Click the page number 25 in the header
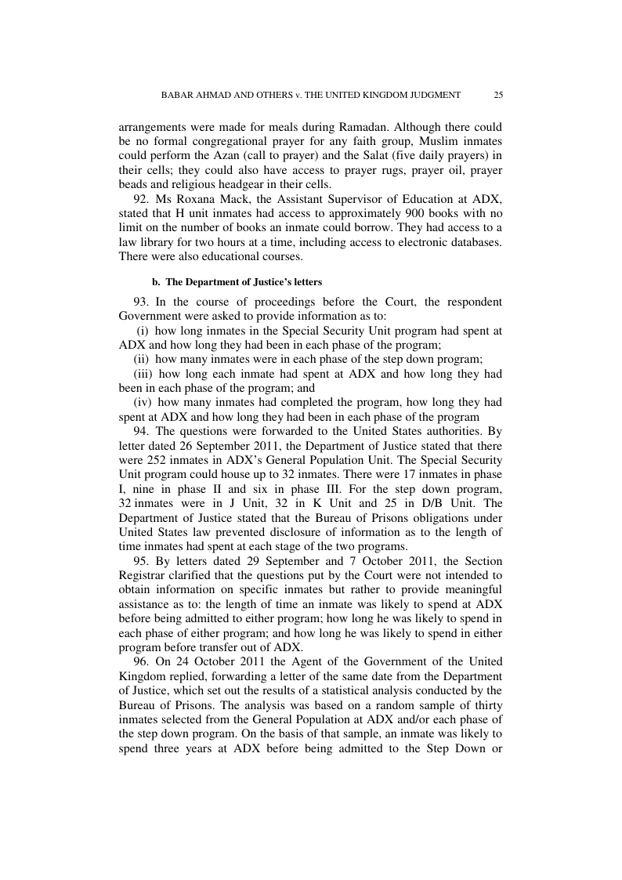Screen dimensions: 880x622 coord(498,95)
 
